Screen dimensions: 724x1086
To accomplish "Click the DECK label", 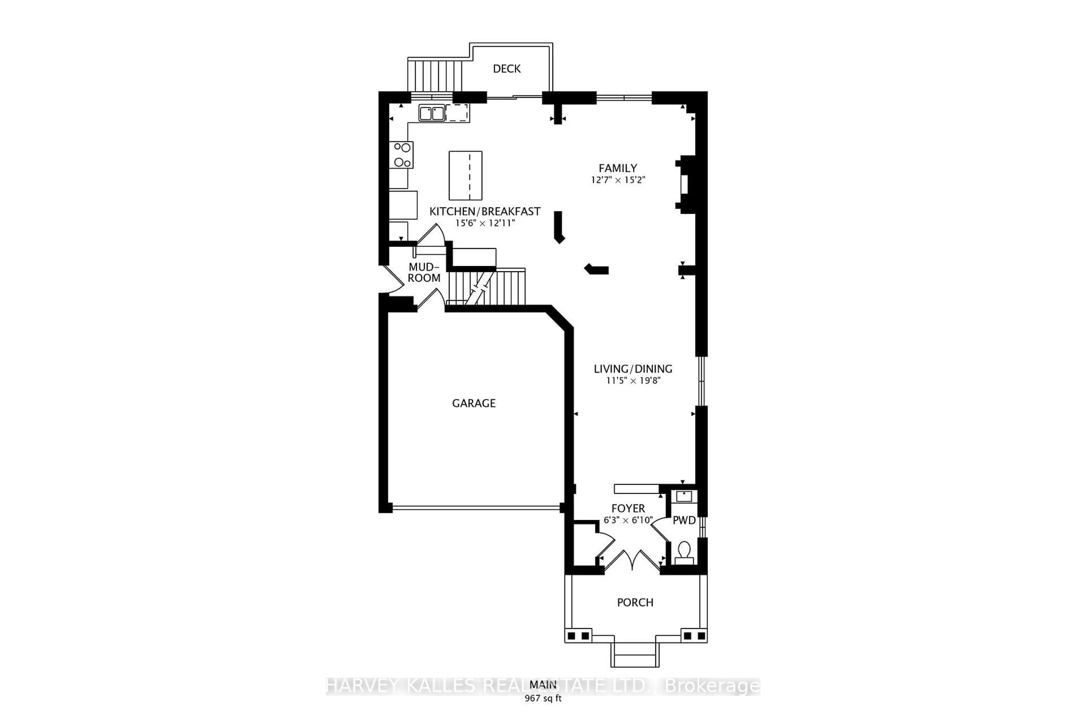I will (507, 69).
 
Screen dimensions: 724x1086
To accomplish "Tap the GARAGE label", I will (474, 403).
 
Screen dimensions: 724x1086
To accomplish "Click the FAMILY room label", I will (618, 168).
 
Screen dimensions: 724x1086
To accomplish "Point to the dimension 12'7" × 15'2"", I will (618, 180).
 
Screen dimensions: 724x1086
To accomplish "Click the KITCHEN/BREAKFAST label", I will (485, 212).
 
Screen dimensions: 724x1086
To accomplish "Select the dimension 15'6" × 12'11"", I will (485, 223).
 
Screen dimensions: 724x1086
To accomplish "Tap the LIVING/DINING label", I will (633, 369).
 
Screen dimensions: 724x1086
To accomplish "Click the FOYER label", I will (628, 508).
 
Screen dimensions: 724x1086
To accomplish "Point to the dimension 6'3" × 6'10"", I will (628, 520).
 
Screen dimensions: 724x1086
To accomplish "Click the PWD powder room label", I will (684, 520).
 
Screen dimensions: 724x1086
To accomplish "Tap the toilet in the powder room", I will (684, 552).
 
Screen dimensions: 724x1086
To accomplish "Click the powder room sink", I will (684, 496).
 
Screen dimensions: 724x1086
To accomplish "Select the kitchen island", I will (466, 175).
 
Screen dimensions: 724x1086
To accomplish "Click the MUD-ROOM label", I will (424, 272).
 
